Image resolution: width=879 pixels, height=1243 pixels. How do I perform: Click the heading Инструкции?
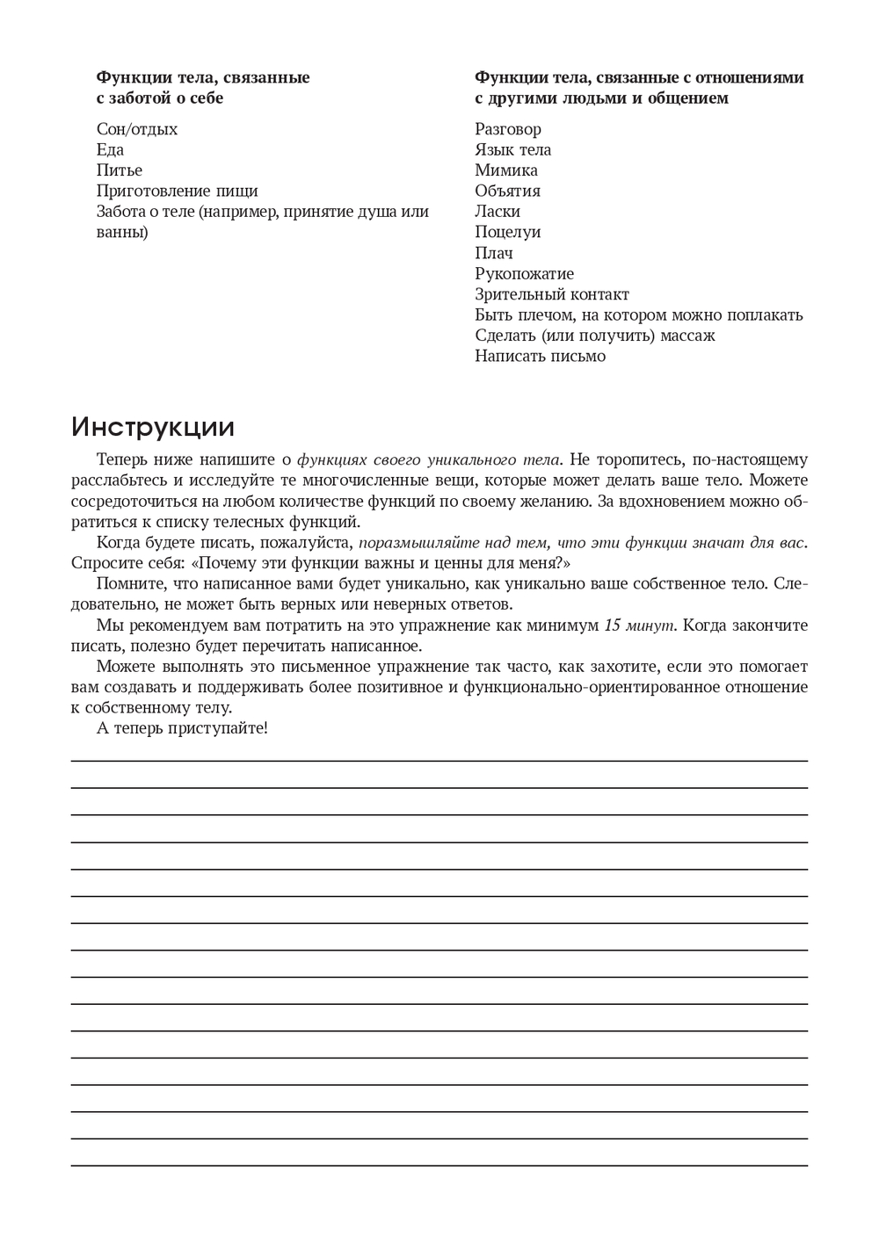click(153, 428)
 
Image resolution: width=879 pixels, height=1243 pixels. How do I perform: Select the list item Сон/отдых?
click(137, 129)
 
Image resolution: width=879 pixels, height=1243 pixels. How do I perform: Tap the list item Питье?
click(120, 170)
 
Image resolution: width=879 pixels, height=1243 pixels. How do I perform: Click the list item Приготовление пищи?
click(178, 191)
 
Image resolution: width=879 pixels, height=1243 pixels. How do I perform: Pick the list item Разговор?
click(508, 129)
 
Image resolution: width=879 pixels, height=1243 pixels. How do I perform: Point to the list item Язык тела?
click(513, 150)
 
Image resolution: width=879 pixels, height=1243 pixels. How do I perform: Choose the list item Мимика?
click(506, 170)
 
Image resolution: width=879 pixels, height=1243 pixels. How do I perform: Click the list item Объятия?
click(508, 191)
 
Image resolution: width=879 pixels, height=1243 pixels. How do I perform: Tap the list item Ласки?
click(498, 212)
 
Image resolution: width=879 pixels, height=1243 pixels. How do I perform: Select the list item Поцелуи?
click(508, 232)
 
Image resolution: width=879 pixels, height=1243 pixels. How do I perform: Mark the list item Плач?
click(494, 253)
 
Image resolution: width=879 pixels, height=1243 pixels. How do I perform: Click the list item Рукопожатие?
click(525, 273)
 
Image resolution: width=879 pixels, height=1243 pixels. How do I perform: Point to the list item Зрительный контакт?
click(552, 294)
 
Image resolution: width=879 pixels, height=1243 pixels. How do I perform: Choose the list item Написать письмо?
click(541, 356)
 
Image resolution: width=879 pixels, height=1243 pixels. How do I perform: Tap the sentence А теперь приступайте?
click(182, 728)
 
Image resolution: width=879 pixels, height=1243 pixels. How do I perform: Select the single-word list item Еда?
click(110, 150)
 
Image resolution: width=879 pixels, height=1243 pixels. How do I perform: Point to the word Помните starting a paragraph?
click(126, 584)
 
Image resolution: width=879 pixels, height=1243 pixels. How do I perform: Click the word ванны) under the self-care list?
click(122, 233)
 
